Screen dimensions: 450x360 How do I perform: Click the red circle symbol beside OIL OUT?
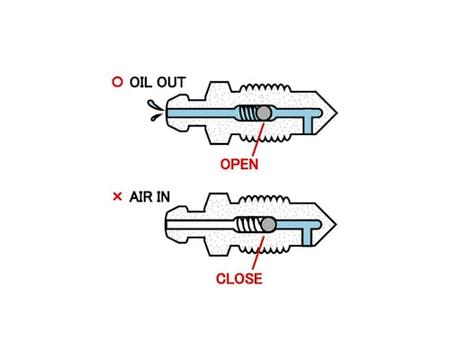coord(117,82)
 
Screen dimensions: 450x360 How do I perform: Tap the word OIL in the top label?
coord(140,83)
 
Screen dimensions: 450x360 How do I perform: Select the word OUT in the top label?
coord(171,83)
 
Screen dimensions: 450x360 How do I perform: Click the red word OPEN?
coord(239,165)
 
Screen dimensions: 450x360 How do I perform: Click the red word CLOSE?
coord(239,279)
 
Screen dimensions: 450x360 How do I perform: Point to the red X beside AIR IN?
coord(117,197)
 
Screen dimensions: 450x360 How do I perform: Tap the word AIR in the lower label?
coord(140,197)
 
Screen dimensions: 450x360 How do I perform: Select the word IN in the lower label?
coord(162,197)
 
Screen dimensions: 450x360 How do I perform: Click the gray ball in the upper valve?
coord(264,113)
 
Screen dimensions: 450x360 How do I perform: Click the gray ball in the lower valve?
coord(268,224)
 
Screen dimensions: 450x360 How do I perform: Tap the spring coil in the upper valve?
coord(247,113)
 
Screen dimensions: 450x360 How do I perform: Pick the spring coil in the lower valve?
coord(250,224)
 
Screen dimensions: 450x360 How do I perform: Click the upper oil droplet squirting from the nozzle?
coord(154,104)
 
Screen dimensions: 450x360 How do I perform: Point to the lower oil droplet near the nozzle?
coord(156,117)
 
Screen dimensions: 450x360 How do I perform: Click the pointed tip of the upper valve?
coord(337,113)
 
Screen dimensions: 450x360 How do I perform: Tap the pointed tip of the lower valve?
coord(337,224)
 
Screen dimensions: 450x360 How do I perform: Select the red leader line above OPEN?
coord(257,139)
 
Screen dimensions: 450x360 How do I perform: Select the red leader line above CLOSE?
coord(258,253)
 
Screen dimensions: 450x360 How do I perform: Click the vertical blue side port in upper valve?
coord(308,125)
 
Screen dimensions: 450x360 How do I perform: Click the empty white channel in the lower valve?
coord(201,224)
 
